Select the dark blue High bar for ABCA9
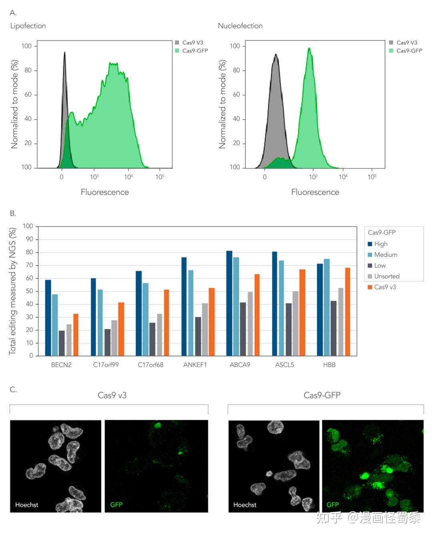point(229,303)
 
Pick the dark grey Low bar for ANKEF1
point(198,336)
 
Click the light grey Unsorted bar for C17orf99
point(114,338)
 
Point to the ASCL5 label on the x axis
point(284,365)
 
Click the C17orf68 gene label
point(150,365)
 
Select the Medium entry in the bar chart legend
point(386,255)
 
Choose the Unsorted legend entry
point(387,276)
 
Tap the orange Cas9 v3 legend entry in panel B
point(385,287)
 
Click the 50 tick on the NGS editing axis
point(28,291)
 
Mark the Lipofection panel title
point(28,26)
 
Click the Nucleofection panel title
point(240,26)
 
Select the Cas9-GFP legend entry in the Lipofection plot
point(195,51)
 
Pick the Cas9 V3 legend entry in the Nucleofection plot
point(406,42)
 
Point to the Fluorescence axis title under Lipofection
point(105,192)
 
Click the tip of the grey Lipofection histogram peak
point(64,52)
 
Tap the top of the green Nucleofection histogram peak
point(309,48)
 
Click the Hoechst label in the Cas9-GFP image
point(245,505)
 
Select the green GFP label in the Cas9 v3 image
point(116,505)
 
